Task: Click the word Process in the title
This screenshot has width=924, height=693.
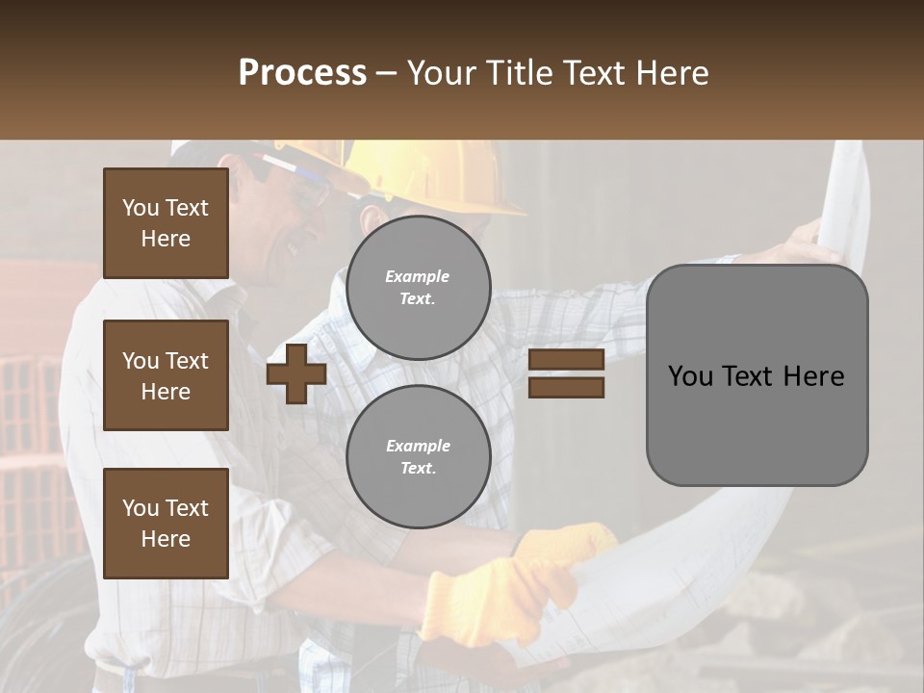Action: [302, 73]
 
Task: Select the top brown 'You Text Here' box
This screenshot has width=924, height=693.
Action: [166, 223]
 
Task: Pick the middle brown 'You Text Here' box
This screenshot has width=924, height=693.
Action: [166, 375]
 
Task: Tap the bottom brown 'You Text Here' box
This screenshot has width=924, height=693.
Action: [166, 524]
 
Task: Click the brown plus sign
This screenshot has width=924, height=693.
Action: [296, 373]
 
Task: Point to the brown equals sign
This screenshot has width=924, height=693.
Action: [566, 373]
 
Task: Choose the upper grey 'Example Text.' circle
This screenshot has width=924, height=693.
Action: [418, 288]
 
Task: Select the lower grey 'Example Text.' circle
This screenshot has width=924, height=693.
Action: [418, 457]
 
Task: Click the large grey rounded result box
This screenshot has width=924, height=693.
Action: [757, 375]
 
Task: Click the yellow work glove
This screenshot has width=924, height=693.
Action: [500, 587]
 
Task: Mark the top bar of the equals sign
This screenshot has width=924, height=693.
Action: [566, 360]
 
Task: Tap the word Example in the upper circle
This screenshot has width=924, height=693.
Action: [418, 276]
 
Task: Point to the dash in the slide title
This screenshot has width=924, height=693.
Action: [387, 73]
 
